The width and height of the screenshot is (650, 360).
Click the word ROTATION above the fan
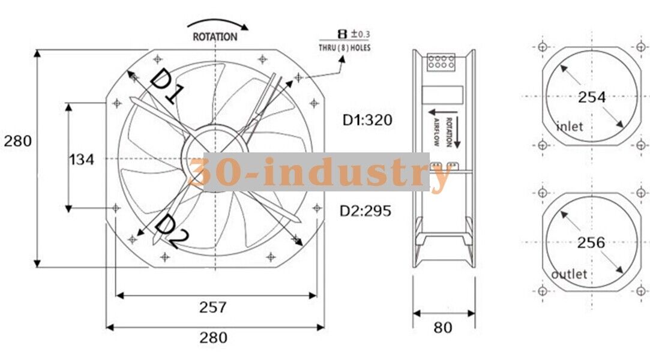click(214, 37)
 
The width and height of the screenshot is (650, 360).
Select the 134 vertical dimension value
click(82, 159)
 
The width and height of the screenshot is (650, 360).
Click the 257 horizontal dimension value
click(213, 307)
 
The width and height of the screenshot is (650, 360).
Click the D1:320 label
click(367, 120)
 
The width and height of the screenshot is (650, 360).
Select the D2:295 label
click(366, 211)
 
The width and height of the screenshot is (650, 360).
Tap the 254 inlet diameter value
click(591, 97)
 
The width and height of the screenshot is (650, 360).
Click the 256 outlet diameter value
click(591, 243)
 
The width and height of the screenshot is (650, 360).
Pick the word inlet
click(570, 127)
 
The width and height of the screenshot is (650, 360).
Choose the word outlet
click(569, 274)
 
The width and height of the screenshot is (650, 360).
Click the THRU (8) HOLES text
click(344, 47)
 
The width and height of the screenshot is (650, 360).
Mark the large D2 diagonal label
click(171, 232)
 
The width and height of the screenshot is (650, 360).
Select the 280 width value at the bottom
click(213, 337)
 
